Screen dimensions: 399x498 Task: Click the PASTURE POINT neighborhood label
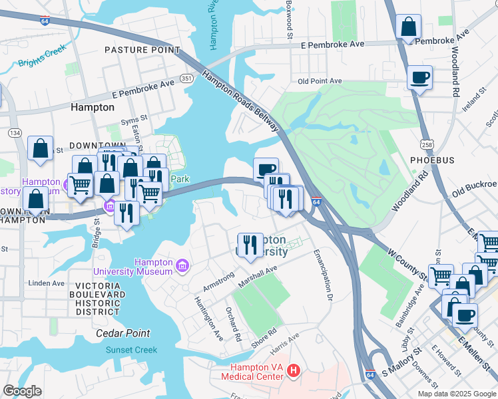click(x=142, y=50)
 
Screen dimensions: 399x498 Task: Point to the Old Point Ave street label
click(x=320, y=81)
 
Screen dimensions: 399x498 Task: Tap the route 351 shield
click(x=188, y=78)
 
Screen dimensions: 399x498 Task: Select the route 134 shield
click(x=15, y=133)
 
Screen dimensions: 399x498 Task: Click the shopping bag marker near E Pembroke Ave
click(x=408, y=28)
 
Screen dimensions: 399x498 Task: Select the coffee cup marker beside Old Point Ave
click(x=419, y=77)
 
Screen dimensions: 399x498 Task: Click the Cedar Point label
click(x=123, y=333)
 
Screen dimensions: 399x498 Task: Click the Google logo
click(x=22, y=390)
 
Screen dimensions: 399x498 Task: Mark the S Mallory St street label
click(x=399, y=368)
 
